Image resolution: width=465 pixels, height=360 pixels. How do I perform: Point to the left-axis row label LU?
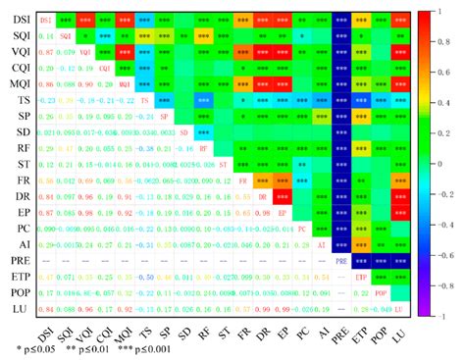(x=20, y=309)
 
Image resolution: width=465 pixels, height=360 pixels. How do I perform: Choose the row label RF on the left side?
(x=20, y=149)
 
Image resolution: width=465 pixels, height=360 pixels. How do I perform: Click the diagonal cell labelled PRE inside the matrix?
(x=342, y=262)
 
